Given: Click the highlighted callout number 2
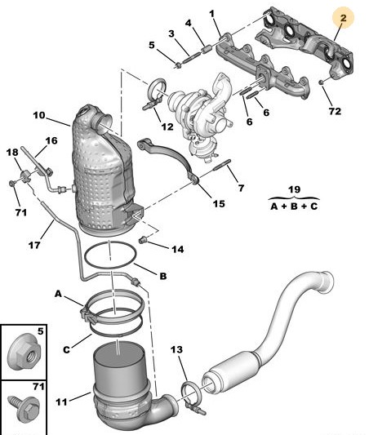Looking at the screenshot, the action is pyautogui.click(x=344, y=18).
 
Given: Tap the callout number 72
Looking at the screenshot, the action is pyautogui.click(x=335, y=111).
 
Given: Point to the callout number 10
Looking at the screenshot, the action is pyautogui.click(x=39, y=115).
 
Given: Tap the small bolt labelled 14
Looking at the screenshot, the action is pyautogui.click(x=143, y=239).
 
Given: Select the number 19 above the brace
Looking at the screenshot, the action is pyautogui.click(x=295, y=189).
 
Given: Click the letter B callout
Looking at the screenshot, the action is pyautogui.click(x=162, y=276).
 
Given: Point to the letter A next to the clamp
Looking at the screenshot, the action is pyautogui.click(x=58, y=294).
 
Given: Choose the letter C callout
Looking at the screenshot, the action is pyautogui.click(x=66, y=349).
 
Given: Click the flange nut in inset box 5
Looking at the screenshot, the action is pyautogui.click(x=24, y=353).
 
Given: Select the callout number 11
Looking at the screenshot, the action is pyautogui.click(x=61, y=402).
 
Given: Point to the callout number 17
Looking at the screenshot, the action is pyautogui.click(x=34, y=245).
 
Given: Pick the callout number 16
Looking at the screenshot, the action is pyautogui.click(x=51, y=140).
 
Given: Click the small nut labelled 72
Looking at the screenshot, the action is pyautogui.click(x=321, y=82).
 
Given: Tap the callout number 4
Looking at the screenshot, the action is pyautogui.click(x=189, y=23).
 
